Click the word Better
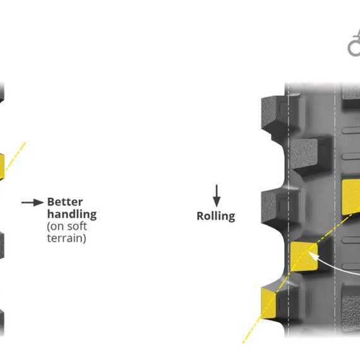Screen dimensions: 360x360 (65, 202)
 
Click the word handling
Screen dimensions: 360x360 (72, 214)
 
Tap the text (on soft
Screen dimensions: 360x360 (67, 226)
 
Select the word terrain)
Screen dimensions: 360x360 (66, 238)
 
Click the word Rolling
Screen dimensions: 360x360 (216, 216)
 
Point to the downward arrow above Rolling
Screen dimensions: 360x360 (217, 196)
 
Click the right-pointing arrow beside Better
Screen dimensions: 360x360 (32, 203)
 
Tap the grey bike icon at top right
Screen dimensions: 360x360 (354, 42)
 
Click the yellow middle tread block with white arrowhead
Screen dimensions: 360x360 (304, 256)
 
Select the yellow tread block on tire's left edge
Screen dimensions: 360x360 (268, 303)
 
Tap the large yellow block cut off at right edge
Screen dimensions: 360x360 (351, 197)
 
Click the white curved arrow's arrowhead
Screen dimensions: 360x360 (312, 255)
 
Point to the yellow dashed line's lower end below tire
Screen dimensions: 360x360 (243, 343)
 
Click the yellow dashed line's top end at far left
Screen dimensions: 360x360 (26, 142)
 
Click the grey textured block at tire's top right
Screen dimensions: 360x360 (351, 92)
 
